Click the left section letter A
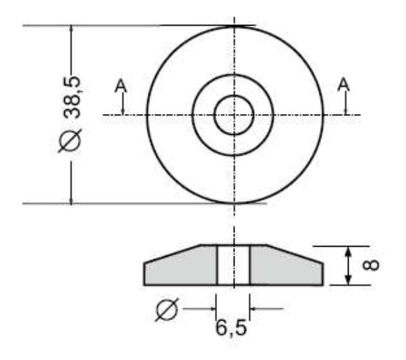point(121,85)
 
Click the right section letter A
point(344,84)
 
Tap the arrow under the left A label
point(122,108)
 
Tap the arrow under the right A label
point(345,108)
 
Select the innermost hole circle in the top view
point(234,115)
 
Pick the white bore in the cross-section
point(234,265)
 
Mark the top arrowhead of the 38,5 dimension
point(72,32)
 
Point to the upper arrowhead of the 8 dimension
point(350,251)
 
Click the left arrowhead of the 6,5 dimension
point(212,308)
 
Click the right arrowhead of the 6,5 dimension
point(255,308)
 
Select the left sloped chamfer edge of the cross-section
point(172,253)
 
